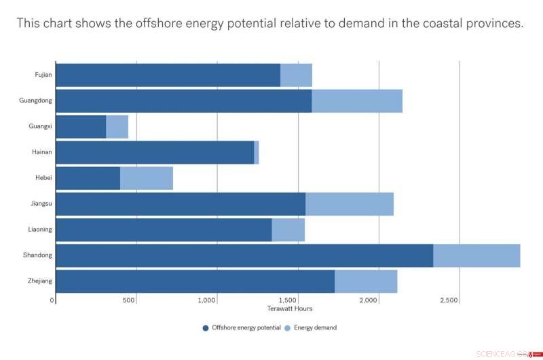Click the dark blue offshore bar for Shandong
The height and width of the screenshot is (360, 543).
pyautogui.click(x=244, y=255)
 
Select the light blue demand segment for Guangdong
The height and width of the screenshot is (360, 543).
pyautogui.click(x=357, y=101)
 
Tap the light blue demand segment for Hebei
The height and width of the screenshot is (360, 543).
pyautogui.click(x=147, y=178)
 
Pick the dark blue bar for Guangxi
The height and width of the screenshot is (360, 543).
pyautogui.click(x=81, y=127)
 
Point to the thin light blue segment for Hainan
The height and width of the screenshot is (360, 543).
pyautogui.click(x=257, y=153)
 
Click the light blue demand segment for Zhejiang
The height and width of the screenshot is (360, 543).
pyautogui.click(x=366, y=281)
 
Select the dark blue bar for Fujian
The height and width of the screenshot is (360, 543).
pyautogui.click(x=168, y=75)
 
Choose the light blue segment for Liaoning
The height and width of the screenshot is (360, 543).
pyautogui.click(x=288, y=230)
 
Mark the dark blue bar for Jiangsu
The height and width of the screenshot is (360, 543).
pyautogui.click(x=181, y=204)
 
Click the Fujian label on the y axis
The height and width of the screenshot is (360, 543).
pyautogui.click(x=43, y=75)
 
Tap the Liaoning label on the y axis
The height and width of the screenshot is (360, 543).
pyautogui.click(x=40, y=230)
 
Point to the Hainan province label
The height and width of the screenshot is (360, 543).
pyautogui.click(x=42, y=152)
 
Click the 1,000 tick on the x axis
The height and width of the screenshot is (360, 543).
pyautogui.click(x=217, y=300)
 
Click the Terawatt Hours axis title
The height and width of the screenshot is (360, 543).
pyautogui.click(x=290, y=309)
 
